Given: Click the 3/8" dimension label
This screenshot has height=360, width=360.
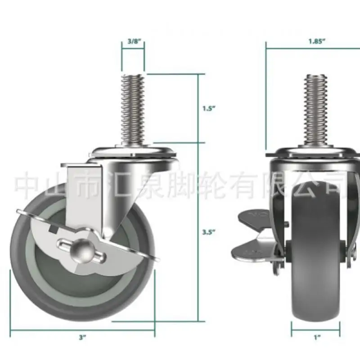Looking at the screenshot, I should pos(133,40).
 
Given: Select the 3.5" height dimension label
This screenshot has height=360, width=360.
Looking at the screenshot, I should pos(207,232).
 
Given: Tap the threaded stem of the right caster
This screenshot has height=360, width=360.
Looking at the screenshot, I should pos(317,108).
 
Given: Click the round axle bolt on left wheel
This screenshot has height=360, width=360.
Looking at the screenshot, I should pos(83,247).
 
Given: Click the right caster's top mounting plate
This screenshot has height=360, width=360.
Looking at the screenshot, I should pos(315,153).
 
